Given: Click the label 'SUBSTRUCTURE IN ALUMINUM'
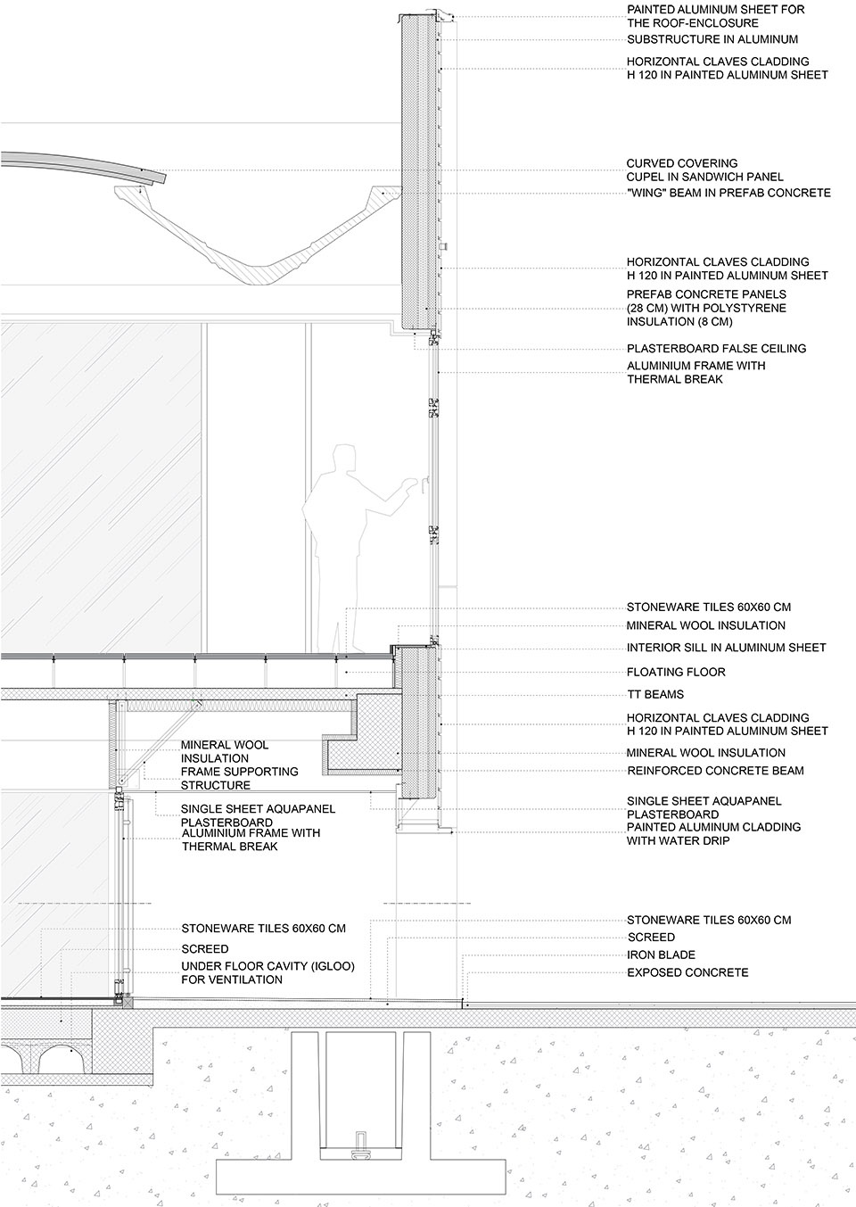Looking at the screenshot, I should pyautogui.click(x=712, y=39).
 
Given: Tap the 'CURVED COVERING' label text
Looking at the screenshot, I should pyautogui.click(x=682, y=163).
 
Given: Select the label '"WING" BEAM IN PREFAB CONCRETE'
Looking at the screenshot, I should pyautogui.click(x=728, y=193).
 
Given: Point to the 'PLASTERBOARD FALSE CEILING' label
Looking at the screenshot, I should pyautogui.click(x=716, y=348).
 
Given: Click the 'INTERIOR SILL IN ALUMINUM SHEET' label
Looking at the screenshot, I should pyautogui.click(x=726, y=648).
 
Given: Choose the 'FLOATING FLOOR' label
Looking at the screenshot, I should pyautogui.click(x=676, y=672).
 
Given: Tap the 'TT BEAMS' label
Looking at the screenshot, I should pyautogui.click(x=655, y=694).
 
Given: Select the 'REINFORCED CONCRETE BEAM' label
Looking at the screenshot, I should pyautogui.click(x=715, y=771).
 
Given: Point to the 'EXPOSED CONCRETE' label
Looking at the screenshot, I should pyautogui.click(x=687, y=972).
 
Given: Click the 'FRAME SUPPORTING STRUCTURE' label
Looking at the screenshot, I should pyautogui.click(x=239, y=778).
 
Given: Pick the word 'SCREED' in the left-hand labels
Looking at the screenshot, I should pyautogui.click(x=205, y=949).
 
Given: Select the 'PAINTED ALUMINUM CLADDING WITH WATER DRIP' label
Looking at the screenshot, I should pyautogui.click(x=713, y=833).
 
